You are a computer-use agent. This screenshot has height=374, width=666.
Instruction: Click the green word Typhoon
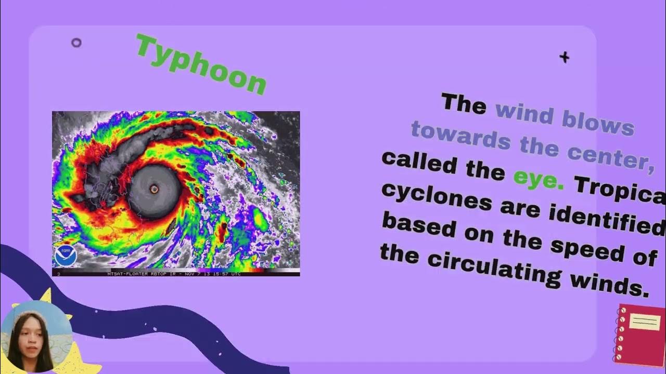(x=201, y=64)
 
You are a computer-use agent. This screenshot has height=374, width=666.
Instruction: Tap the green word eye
(x=539, y=179)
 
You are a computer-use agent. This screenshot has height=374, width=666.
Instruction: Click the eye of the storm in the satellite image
(x=154, y=190)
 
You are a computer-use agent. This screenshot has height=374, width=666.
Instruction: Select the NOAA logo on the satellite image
(x=66, y=256)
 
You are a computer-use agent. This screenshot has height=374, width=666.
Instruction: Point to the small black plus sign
(x=565, y=57)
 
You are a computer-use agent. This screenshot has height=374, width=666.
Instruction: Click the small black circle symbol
(x=76, y=43)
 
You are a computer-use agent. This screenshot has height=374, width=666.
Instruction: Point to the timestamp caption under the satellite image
(x=174, y=273)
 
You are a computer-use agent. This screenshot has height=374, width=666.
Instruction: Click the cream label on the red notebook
(x=645, y=322)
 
